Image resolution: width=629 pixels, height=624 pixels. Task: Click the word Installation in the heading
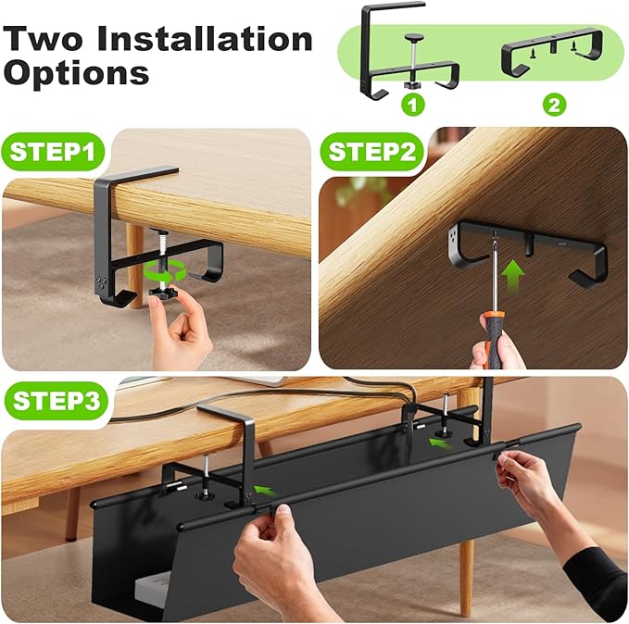(205, 39)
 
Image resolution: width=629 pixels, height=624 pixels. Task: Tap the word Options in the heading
(76, 72)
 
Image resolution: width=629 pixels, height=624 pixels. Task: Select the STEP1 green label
(53, 152)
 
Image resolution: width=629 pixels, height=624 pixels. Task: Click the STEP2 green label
(371, 152)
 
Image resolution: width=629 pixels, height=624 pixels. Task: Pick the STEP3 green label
(57, 401)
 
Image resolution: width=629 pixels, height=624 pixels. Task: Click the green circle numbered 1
(413, 105)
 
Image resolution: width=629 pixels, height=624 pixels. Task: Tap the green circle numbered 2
(554, 105)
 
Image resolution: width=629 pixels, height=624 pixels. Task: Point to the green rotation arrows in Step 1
(165, 270)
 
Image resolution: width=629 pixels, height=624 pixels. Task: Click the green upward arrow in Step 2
(513, 274)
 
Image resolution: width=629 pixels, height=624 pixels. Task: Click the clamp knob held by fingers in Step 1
(163, 293)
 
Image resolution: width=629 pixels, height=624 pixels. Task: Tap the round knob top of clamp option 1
(413, 38)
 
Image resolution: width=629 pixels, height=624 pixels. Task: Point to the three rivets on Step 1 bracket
(101, 281)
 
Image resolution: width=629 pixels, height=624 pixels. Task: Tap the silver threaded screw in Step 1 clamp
(162, 256)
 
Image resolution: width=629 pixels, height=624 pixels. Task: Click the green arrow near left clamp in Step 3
(265, 490)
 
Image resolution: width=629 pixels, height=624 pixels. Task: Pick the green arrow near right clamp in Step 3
(440, 443)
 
